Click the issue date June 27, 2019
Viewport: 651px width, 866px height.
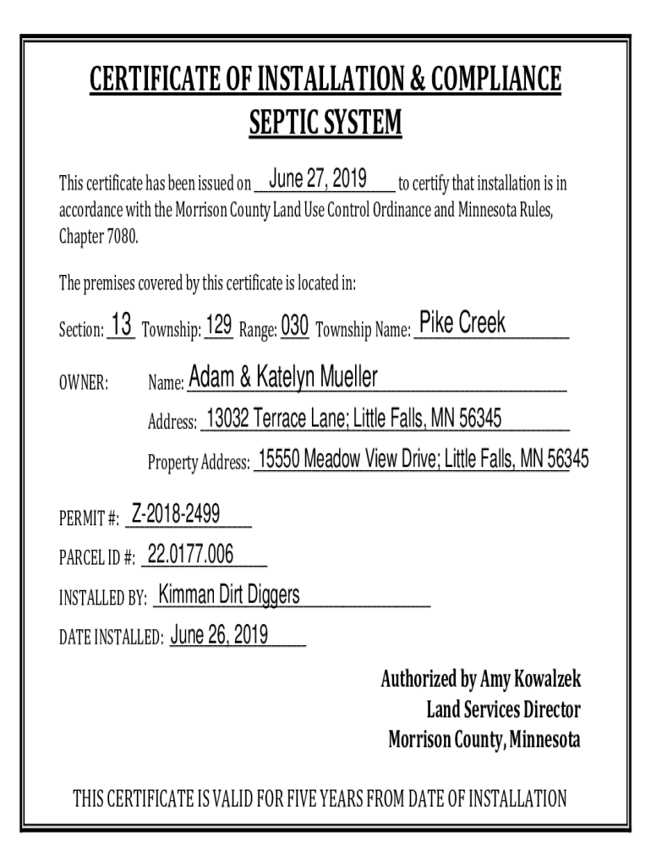tap(317, 179)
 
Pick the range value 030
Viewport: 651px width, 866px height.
tap(294, 326)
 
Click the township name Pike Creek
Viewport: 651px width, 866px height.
tap(462, 322)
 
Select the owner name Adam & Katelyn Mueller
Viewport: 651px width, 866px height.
tap(283, 377)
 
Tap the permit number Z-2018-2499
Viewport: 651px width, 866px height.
tap(176, 512)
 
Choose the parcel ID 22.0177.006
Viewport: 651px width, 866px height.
tap(190, 554)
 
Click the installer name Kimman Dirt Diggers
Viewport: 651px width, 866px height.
tap(229, 595)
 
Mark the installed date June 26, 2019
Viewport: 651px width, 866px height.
tap(220, 635)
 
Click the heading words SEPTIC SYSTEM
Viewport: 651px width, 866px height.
tap(325, 124)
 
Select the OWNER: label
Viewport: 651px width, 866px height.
tap(83, 384)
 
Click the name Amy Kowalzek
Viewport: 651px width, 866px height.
tap(530, 679)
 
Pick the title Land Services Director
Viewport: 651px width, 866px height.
tap(503, 710)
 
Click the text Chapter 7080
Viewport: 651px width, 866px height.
tap(97, 236)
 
